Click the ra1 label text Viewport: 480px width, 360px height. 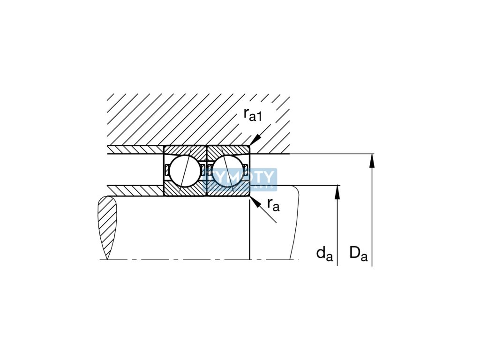254,115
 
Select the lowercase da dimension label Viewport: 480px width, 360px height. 324,254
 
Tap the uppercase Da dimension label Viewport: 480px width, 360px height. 358,254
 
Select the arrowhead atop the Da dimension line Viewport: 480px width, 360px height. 372,160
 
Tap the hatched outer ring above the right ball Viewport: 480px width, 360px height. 228,151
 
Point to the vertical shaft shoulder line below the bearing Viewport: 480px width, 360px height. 250,230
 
